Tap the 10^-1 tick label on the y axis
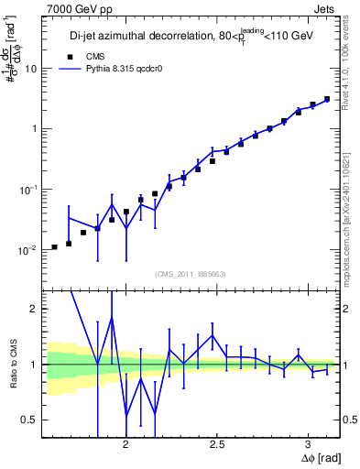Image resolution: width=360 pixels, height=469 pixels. click(x=27, y=190)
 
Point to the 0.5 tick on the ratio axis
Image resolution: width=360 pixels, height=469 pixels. click(x=26, y=420)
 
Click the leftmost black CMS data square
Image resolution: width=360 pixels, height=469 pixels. click(x=54, y=247)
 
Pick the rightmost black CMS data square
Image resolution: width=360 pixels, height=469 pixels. click(x=327, y=99)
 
